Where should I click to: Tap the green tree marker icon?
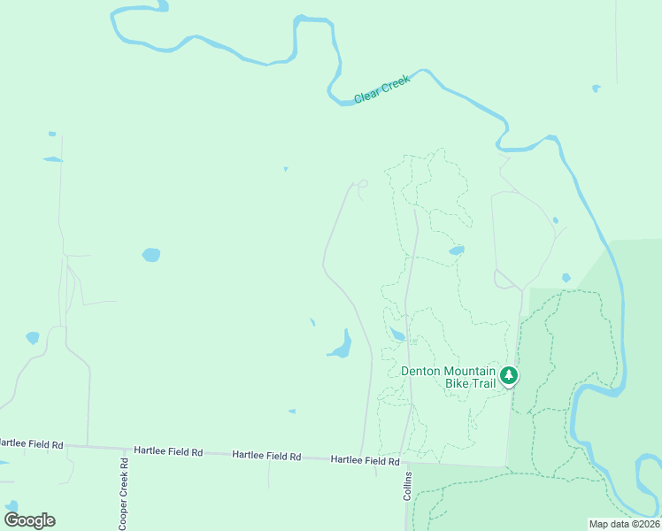[x=509, y=375]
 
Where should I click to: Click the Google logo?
[x=29, y=520]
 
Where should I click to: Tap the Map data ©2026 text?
[x=624, y=524]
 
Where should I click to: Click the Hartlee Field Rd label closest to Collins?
[x=365, y=460]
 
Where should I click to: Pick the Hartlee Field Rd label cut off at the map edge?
[x=32, y=443]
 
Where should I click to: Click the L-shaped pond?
[x=342, y=344]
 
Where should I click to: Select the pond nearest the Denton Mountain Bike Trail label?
[x=397, y=334]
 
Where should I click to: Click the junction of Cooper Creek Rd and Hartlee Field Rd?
[x=123, y=449]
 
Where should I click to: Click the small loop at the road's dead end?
[x=360, y=184]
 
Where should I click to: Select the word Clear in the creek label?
[x=367, y=94]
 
